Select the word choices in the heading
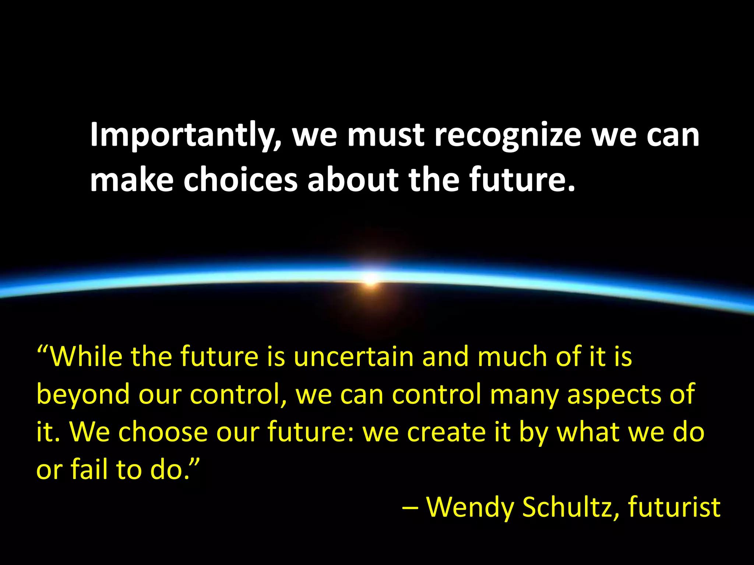[240, 180]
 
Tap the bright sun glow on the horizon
[371, 278]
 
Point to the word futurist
[674, 507]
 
